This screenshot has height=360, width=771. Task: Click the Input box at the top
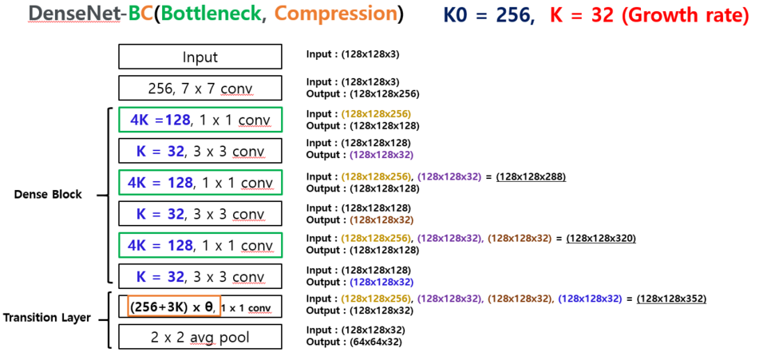click(200, 57)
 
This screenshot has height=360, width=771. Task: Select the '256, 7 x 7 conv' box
click(200, 88)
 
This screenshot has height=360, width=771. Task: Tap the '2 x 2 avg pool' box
click(200, 337)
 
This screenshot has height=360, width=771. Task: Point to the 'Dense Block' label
click(48, 194)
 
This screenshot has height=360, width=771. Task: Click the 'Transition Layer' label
click(46, 318)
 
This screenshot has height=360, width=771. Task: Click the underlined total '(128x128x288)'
click(530, 176)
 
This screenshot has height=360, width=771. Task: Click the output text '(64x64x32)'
click(375, 342)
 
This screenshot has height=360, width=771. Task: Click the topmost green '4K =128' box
click(200, 119)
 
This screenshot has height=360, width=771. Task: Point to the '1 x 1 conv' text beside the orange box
click(247, 307)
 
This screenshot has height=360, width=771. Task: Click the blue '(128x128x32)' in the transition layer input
click(590, 299)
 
